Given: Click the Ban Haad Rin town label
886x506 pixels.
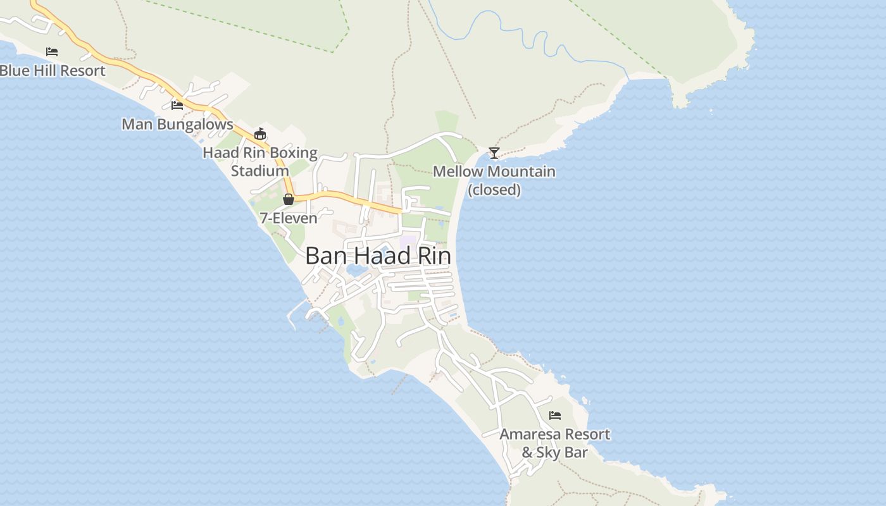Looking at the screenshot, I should point(378,256).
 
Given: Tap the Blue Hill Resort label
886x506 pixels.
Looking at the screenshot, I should point(53,71).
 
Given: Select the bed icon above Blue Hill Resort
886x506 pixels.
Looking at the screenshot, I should point(52,51).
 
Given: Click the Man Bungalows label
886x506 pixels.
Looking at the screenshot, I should point(177,125).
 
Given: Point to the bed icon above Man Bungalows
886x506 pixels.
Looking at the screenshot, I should point(177,105).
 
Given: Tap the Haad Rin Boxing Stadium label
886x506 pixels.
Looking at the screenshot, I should point(260,161).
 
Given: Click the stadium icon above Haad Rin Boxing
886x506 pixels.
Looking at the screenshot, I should point(260,133).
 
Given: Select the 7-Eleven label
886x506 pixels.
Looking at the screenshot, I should point(289,218).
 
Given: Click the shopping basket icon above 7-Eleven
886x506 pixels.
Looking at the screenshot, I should point(289,199).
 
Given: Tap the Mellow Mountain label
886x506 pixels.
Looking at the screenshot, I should point(494,172).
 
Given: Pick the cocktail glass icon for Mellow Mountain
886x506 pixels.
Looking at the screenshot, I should point(494,153).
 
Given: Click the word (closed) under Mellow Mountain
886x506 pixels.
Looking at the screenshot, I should point(494,190).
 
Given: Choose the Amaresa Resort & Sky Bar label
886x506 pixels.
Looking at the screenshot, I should point(555,443).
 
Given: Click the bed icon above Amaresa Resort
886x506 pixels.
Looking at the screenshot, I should point(555,416).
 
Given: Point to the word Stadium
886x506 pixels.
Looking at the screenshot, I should point(260,171).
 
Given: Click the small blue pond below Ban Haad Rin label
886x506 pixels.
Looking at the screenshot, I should point(356,271).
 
